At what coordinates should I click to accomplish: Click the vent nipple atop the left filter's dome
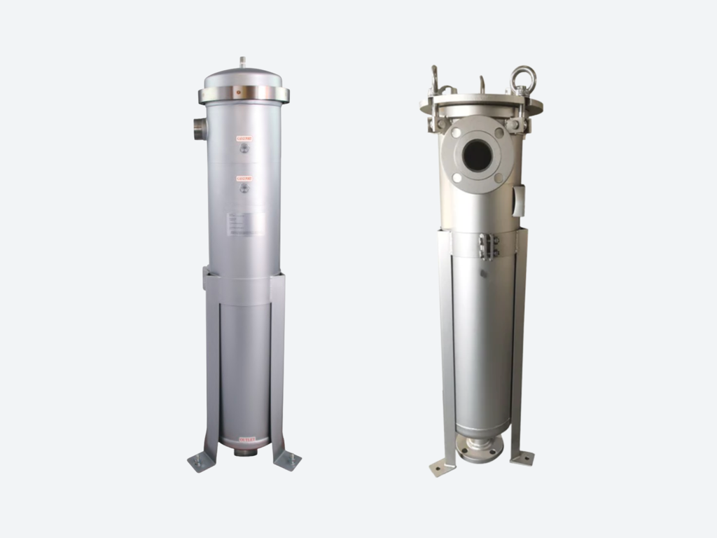click(x=242, y=62)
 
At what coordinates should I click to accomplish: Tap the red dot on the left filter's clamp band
click(x=237, y=91)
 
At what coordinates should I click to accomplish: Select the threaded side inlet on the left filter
click(x=200, y=129)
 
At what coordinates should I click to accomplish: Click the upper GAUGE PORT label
click(x=244, y=139)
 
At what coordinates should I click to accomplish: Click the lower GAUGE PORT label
click(x=244, y=179)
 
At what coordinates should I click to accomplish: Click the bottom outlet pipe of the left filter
click(x=245, y=452)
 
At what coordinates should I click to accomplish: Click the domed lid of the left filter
click(x=243, y=77)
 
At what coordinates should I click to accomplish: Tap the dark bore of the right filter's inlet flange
click(x=477, y=155)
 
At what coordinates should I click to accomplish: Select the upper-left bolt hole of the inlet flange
click(x=457, y=132)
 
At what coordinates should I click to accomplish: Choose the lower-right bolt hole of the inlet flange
click(x=499, y=177)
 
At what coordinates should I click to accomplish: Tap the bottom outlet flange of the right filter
click(x=480, y=448)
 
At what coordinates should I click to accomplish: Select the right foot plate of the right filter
click(x=522, y=458)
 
